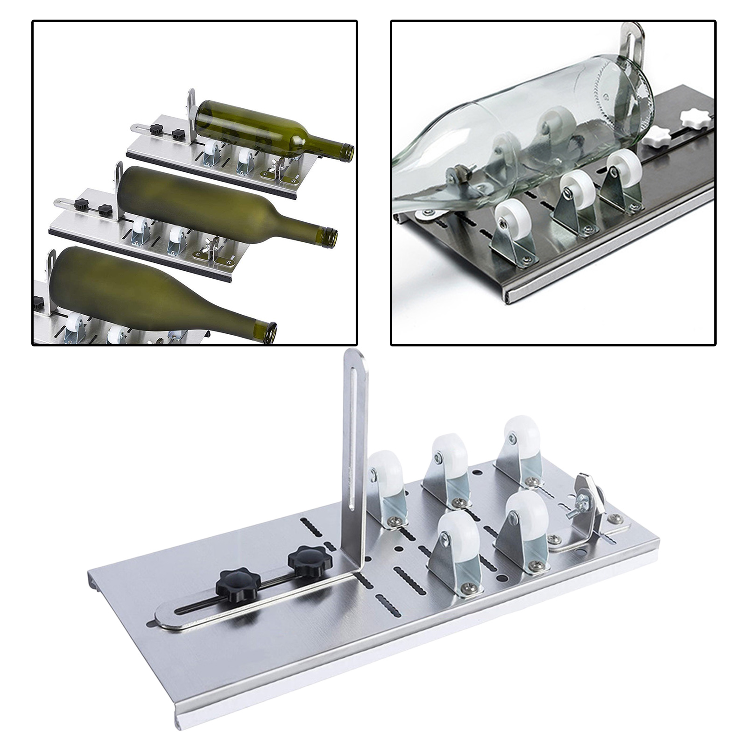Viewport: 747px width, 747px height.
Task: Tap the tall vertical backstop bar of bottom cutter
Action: pos(356,448)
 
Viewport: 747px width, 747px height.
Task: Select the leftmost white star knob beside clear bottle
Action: pos(650,134)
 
